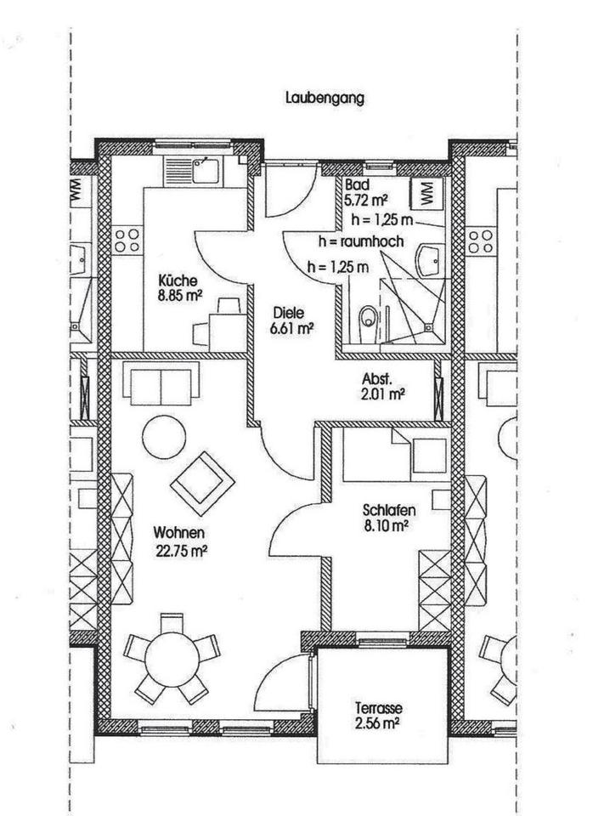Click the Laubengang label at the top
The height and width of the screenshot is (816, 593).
point(325,98)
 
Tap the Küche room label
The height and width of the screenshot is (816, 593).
point(178,280)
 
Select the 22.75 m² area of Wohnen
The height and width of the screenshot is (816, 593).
point(181,548)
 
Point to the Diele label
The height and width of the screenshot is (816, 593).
point(289,312)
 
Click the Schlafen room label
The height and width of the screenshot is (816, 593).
point(388,511)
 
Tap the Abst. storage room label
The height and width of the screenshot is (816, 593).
point(377,379)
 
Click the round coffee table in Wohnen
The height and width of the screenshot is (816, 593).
point(164,438)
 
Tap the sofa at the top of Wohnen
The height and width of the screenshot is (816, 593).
point(162,382)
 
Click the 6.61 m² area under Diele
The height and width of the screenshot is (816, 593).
point(289,328)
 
